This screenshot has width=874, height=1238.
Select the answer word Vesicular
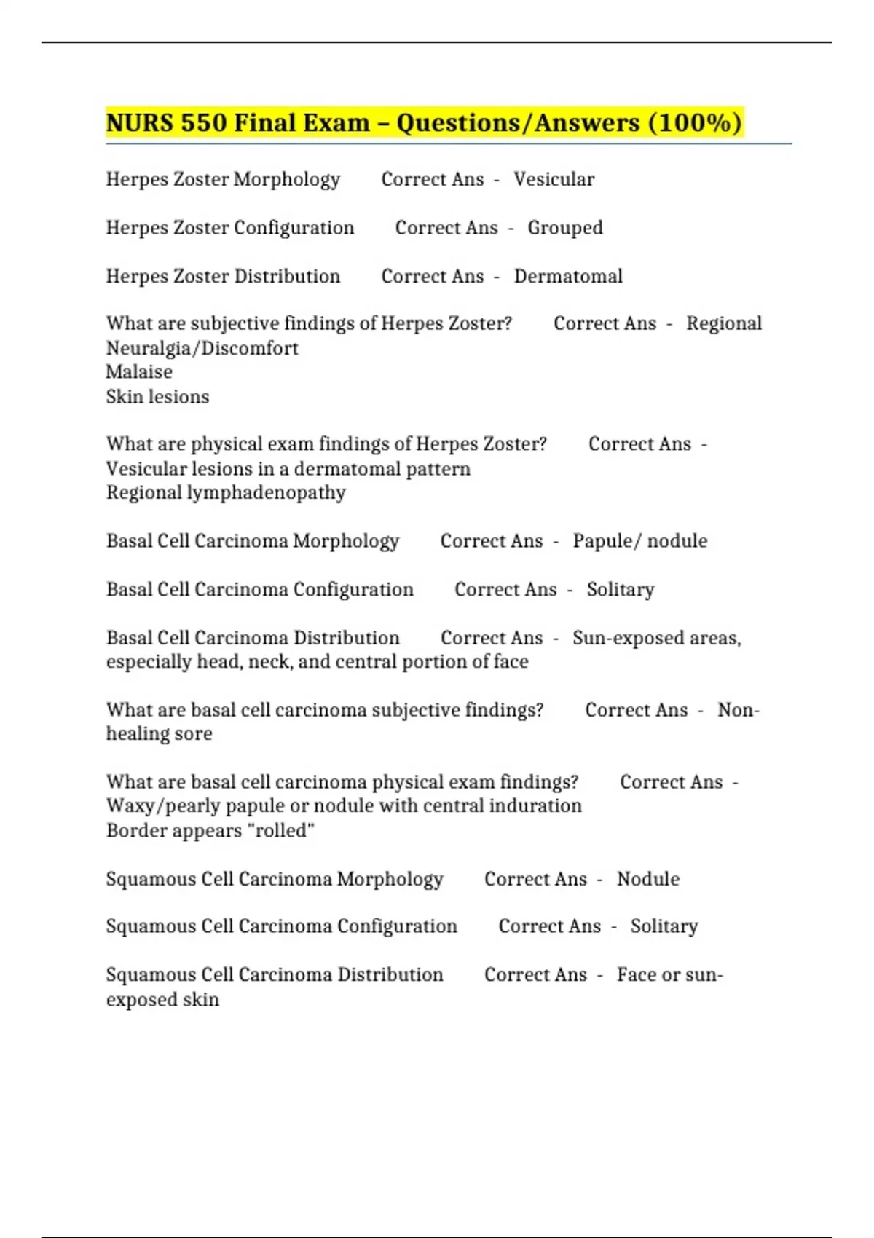(554, 179)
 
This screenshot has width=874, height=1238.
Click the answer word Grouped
(565, 228)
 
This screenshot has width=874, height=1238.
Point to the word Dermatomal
(568, 277)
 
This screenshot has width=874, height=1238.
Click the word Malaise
(139, 372)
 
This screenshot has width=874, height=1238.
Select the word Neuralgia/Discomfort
(202, 348)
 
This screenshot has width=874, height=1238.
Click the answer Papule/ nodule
(639, 541)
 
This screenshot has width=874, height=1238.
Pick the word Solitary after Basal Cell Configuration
(621, 589)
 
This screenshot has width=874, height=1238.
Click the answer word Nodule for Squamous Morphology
(648, 879)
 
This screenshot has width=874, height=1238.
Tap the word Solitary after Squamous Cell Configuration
(664, 926)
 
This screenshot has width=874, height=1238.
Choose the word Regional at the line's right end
(723, 323)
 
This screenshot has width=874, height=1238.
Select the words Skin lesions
(157, 397)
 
